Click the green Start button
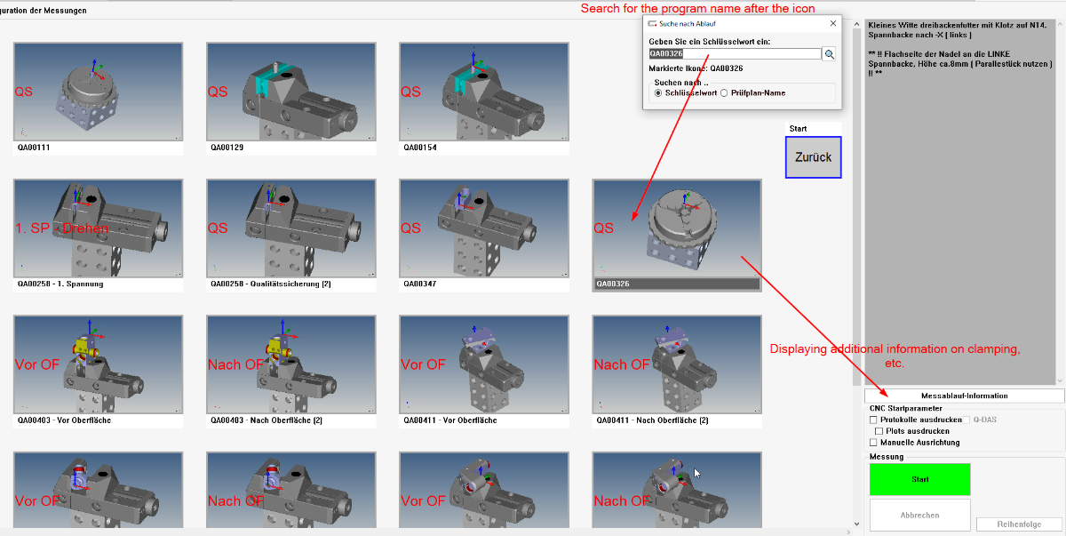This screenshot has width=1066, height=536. [x=919, y=479]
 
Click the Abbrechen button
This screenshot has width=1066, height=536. [x=919, y=515]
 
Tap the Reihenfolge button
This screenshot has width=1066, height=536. [x=1019, y=524]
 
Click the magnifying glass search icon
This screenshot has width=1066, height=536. [x=829, y=54]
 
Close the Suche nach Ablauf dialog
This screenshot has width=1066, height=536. [x=833, y=23]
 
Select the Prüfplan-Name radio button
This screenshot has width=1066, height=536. [x=724, y=93]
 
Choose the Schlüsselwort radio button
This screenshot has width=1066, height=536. [x=658, y=93]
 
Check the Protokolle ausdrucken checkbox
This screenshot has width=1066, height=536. [x=873, y=420]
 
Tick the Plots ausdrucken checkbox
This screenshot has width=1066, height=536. [x=879, y=431]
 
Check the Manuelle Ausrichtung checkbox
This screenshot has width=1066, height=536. [x=873, y=443]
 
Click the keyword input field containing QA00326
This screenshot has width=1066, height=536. [x=735, y=54]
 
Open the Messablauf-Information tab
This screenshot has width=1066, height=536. [x=964, y=396]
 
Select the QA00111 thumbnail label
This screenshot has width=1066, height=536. [x=34, y=148]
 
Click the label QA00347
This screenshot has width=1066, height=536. [x=419, y=284]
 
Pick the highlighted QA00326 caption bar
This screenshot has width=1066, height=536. [x=677, y=284]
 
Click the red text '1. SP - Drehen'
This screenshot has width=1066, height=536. [x=62, y=228]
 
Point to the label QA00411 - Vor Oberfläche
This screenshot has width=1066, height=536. [x=450, y=420]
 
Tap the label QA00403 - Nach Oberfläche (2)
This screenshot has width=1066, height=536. [x=266, y=420]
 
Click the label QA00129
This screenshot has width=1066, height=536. [x=227, y=148]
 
